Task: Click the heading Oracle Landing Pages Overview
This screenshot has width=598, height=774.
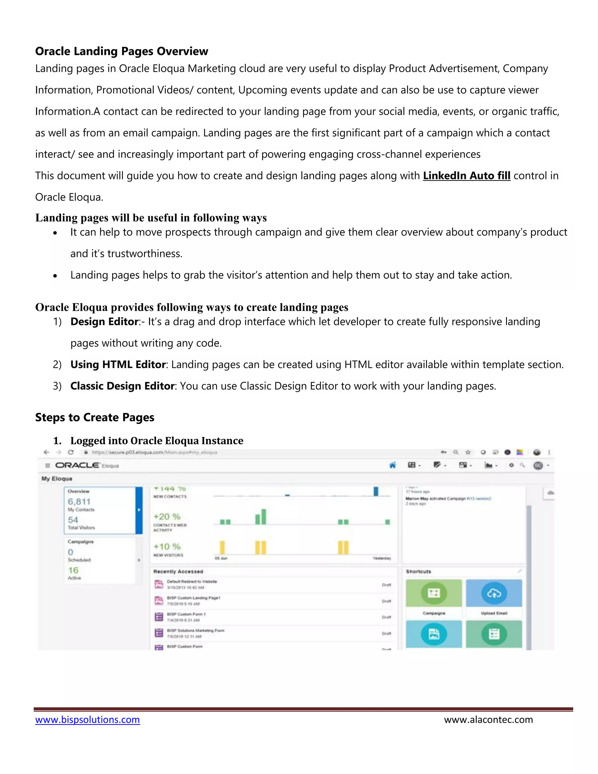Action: pos(121,51)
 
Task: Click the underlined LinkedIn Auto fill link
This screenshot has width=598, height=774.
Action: pos(466,176)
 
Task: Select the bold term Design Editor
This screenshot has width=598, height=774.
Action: pos(104,322)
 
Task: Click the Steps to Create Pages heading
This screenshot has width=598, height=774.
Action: pos(95,417)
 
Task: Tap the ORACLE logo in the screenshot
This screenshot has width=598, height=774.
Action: pos(77,465)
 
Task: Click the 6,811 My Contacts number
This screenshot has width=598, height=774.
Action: pos(79,501)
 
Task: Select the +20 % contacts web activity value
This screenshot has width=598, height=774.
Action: pos(167,516)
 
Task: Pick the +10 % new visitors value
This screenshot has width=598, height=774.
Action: pos(167,546)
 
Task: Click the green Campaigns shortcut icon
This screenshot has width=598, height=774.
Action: pos(434,593)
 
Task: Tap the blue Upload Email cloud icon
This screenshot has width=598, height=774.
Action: pos(494,593)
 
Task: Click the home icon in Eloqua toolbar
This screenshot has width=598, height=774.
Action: pos(392,465)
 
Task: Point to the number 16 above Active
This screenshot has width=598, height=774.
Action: pos(73,570)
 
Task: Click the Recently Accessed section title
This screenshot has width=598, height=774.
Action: pos(178,571)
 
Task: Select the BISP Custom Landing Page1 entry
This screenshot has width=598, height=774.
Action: pos(193,598)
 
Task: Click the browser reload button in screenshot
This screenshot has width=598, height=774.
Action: pos(71,452)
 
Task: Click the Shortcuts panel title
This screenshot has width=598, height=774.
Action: pos(418,571)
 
